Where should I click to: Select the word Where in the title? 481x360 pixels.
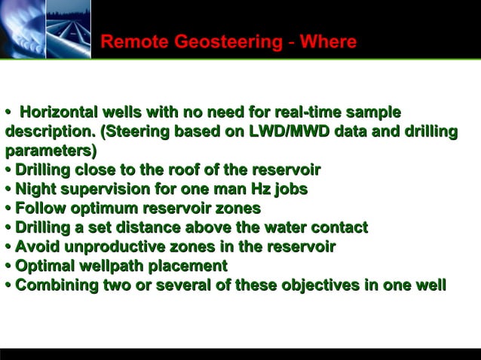328,42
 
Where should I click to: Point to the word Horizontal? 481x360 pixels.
57,113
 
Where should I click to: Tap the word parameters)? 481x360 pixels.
47,150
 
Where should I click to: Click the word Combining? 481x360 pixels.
57,285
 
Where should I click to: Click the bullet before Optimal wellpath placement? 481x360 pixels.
8,267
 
